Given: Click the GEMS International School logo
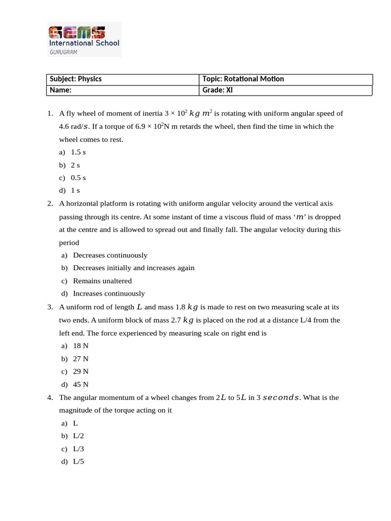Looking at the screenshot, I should (x=84, y=39).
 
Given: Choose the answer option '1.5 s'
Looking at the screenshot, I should (x=78, y=152).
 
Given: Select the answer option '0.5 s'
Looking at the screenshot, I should (x=78, y=178).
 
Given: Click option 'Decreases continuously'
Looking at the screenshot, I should (x=110, y=255).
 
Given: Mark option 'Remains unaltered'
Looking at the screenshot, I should (x=102, y=281).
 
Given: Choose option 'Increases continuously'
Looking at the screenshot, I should (x=109, y=294).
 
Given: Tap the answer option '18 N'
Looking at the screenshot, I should (x=80, y=346).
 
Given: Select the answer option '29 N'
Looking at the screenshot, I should (x=80, y=371).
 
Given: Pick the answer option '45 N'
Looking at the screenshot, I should (x=80, y=385).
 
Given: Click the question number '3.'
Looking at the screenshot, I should (x=50, y=307).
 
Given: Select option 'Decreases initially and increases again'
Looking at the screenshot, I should (x=133, y=268).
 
